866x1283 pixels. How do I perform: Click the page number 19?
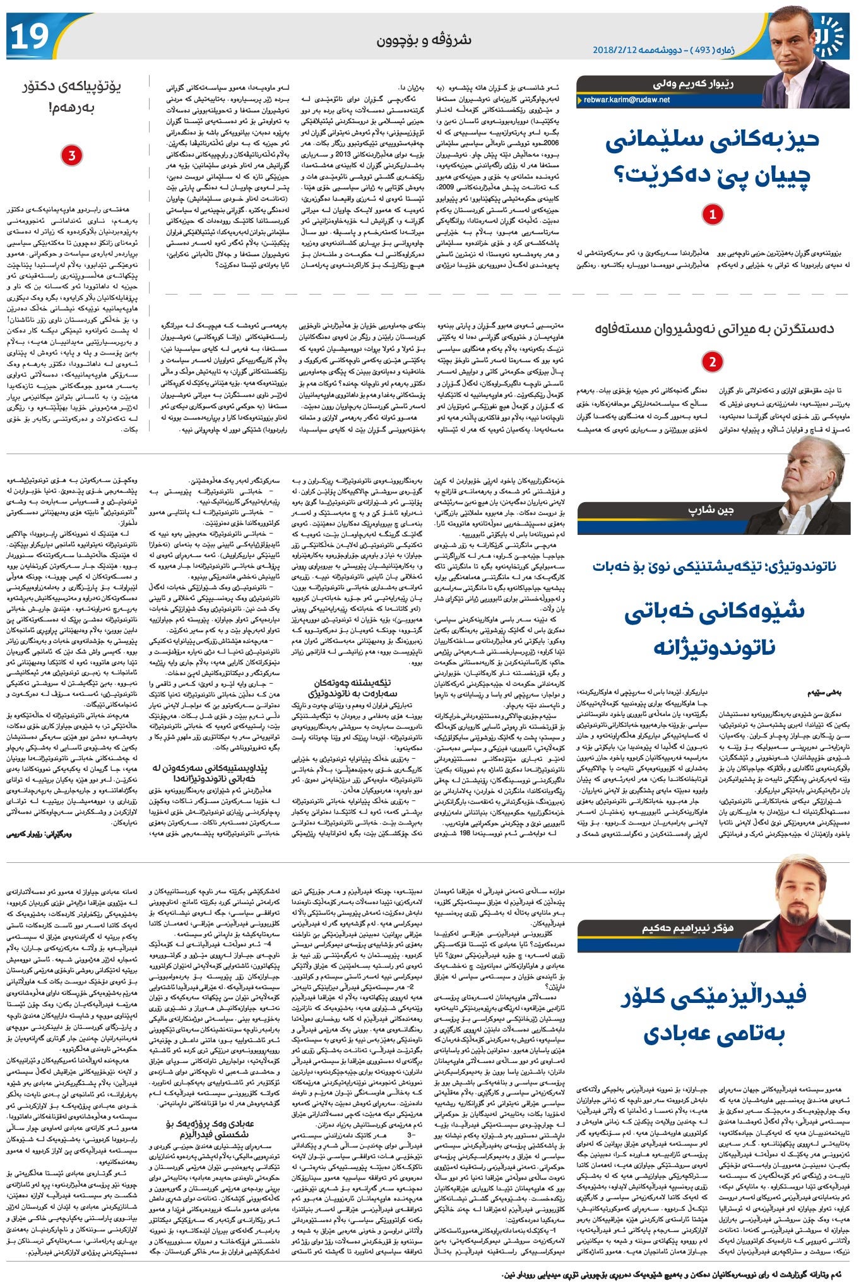30,37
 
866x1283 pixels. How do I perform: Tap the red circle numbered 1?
713,214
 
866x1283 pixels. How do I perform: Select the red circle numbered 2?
713,362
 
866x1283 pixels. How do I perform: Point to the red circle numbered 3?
71,155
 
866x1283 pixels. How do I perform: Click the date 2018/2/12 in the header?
617,50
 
